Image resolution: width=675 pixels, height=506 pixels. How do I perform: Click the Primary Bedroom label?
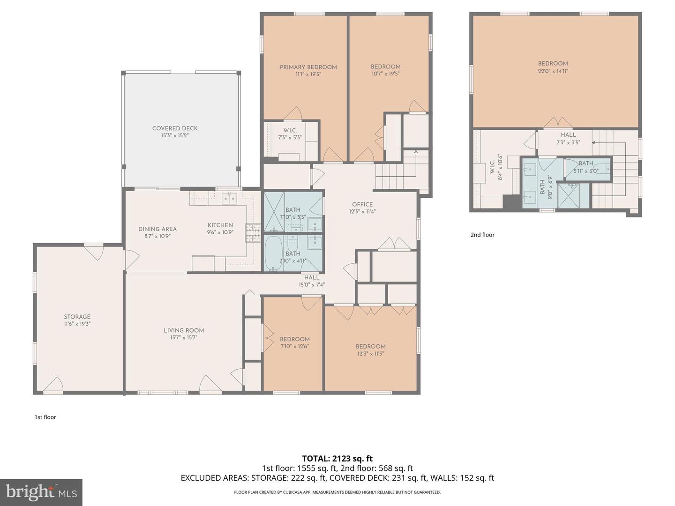tap(308, 67)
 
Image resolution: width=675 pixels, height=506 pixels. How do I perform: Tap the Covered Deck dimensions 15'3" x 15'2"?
tap(175, 135)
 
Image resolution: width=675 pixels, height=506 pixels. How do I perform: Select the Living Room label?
tap(184, 330)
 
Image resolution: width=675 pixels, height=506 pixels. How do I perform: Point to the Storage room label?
tap(77, 317)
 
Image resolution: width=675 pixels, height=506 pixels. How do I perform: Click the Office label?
tap(362, 204)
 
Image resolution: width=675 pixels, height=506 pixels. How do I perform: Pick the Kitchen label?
tap(220, 225)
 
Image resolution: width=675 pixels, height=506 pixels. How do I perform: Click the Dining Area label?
tap(157, 229)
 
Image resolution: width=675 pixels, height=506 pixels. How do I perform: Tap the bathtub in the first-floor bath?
tap(273, 253)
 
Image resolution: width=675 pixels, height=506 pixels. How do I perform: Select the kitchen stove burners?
tap(253, 233)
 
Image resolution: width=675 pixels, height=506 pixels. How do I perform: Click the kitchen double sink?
tap(229, 199)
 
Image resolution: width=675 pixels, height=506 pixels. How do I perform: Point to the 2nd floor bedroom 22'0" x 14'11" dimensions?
tap(553, 71)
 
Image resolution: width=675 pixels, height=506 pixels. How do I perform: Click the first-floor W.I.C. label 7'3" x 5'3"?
tap(290, 134)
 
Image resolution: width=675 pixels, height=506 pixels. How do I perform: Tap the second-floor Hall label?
tap(568, 135)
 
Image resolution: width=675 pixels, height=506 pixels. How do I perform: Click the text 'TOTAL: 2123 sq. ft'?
tap(337, 459)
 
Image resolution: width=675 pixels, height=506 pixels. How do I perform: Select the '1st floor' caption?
tap(45, 417)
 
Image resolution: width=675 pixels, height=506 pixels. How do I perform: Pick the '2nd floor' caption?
tap(482, 235)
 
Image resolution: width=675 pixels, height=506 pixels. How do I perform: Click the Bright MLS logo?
tap(41, 492)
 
